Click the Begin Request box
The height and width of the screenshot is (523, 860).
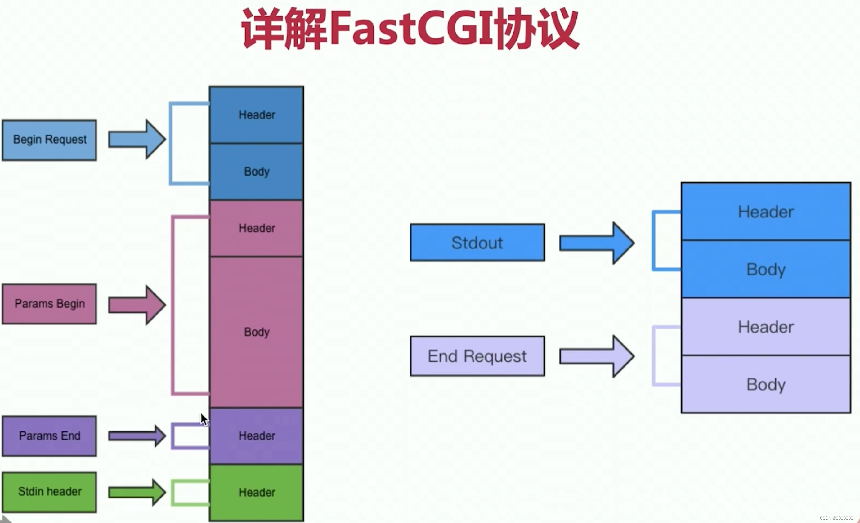tap(49, 140)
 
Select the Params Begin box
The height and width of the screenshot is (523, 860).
tap(49, 304)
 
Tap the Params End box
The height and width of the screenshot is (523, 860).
tap(49, 436)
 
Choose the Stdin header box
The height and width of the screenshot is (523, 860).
tap(49, 492)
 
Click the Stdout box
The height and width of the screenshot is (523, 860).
tap(477, 243)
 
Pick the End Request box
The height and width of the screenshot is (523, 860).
tap(477, 356)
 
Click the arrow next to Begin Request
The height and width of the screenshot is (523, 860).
tap(137, 140)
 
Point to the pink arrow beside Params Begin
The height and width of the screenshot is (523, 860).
tap(137, 305)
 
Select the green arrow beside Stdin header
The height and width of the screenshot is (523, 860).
tap(137, 492)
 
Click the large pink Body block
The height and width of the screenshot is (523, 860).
tap(257, 332)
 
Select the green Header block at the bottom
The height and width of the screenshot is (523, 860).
tap(257, 492)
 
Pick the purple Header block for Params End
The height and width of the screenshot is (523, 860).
tap(257, 436)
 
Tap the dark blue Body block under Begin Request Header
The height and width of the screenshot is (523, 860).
tap(257, 172)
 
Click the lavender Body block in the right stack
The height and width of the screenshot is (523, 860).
tap(766, 384)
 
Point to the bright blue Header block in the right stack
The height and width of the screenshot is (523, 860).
tap(766, 212)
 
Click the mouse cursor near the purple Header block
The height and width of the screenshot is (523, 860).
tap(204, 420)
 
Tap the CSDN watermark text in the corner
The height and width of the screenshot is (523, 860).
tap(837, 518)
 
